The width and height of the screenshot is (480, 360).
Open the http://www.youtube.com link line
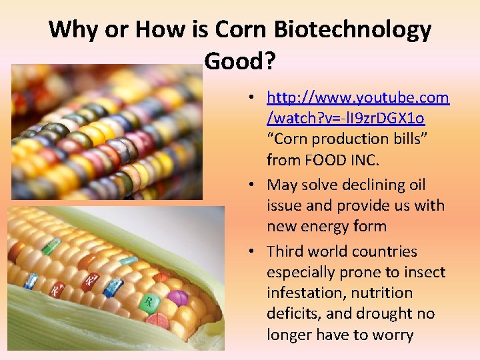[357, 98]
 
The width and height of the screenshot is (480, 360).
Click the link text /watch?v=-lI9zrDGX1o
[345, 119]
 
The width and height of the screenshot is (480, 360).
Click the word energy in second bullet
[328, 226]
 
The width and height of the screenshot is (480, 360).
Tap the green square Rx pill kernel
[151, 303]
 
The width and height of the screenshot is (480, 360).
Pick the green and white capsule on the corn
[52, 246]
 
